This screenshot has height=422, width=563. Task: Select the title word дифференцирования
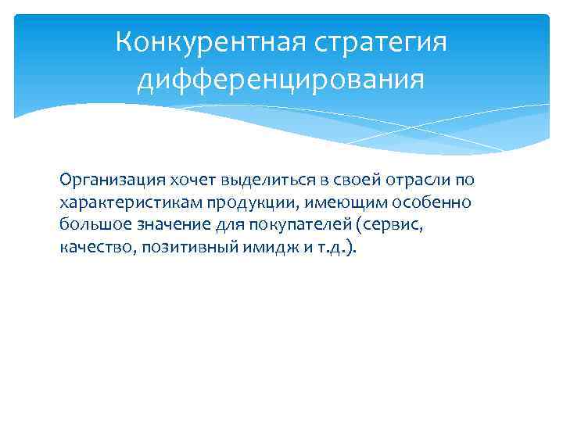pos(281,80)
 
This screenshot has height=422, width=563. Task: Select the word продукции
pos(249,203)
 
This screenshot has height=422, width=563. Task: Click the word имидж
pos(262,249)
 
